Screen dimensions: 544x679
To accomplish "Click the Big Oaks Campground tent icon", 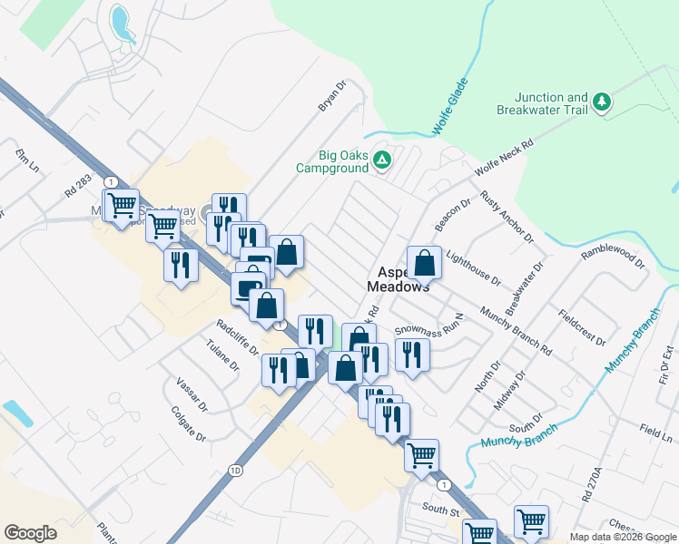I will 383,160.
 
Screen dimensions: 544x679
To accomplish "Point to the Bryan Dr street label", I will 332,96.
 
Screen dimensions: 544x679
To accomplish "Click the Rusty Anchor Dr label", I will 506,217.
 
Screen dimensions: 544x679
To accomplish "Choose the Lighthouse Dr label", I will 473,268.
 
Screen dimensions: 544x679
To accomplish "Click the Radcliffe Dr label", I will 238,334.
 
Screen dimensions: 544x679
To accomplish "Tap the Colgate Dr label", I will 189,423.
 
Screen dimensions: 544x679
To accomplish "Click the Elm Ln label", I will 27,161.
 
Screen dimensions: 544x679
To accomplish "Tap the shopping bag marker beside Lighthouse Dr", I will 424,263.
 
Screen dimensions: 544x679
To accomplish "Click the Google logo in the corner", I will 30,533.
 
